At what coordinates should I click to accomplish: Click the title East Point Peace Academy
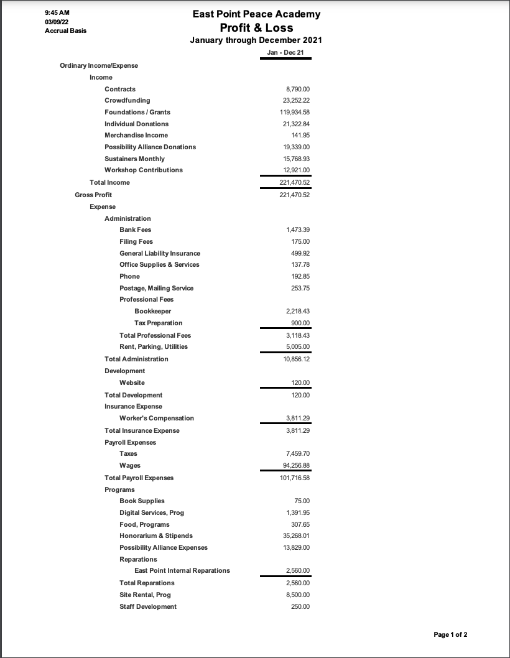tap(256, 14)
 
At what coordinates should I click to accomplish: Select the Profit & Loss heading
tap(256, 28)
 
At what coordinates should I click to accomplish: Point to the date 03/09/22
tap(57, 22)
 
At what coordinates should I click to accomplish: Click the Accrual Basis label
tap(65, 30)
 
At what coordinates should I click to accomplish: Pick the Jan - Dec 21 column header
tap(285, 53)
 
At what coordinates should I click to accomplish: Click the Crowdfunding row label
tap(127, 101)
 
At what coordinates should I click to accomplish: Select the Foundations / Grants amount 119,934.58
tap(295, 113)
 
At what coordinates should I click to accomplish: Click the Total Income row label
tap(109, 183)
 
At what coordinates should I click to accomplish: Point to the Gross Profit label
tap(93, 195)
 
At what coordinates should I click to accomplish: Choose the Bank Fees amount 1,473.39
tap(298, 230)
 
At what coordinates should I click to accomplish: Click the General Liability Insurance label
tap(160, 253)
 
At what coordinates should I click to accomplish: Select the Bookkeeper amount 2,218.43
tap(298, 311)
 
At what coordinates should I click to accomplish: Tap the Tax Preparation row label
tap(158, 323)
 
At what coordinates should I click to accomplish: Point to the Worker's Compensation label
tap(157, 418)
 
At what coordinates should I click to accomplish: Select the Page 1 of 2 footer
tap(450, 634)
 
